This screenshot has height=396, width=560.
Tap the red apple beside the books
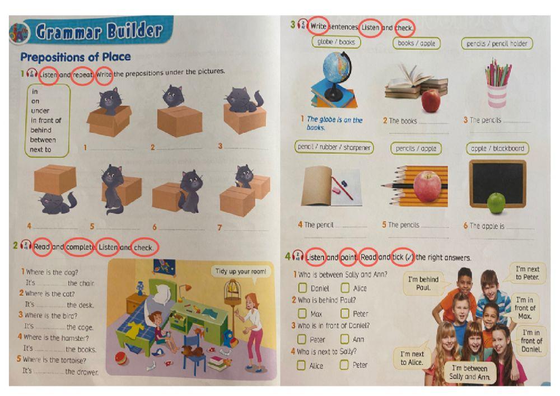(431, 101)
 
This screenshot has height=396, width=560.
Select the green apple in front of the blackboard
(496, 203)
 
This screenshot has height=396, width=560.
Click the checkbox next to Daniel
(302, 288)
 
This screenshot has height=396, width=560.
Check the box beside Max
(302, 314)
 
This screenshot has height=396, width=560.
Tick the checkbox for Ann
(345, 339)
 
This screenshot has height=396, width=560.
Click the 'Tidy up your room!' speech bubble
(241, 272)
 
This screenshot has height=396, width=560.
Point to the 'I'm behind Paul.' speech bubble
(423, 283)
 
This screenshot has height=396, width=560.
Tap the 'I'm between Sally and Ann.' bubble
(470, 372)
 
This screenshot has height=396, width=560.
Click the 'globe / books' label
(336, 42)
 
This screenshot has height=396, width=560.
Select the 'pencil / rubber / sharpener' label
(334, 147)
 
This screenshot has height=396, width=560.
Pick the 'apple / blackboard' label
(497, 148)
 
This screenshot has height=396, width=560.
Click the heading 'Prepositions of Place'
(76, 57)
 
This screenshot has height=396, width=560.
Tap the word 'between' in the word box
(43, 139)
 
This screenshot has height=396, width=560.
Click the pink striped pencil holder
(497, 94)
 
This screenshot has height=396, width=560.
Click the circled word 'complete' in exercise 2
(79, 247)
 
